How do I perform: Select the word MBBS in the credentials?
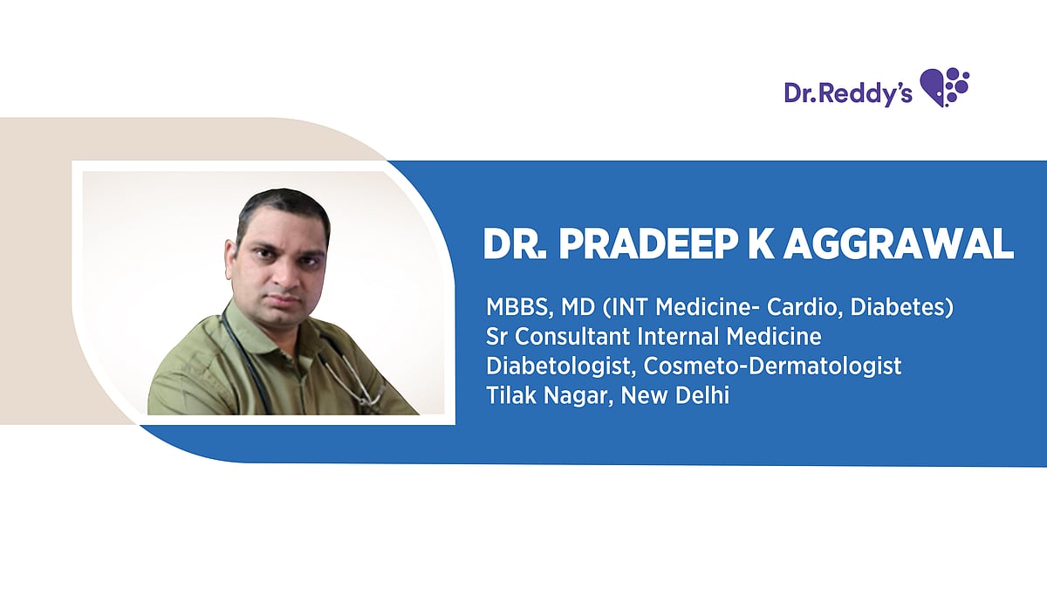515,307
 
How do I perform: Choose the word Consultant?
582,337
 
